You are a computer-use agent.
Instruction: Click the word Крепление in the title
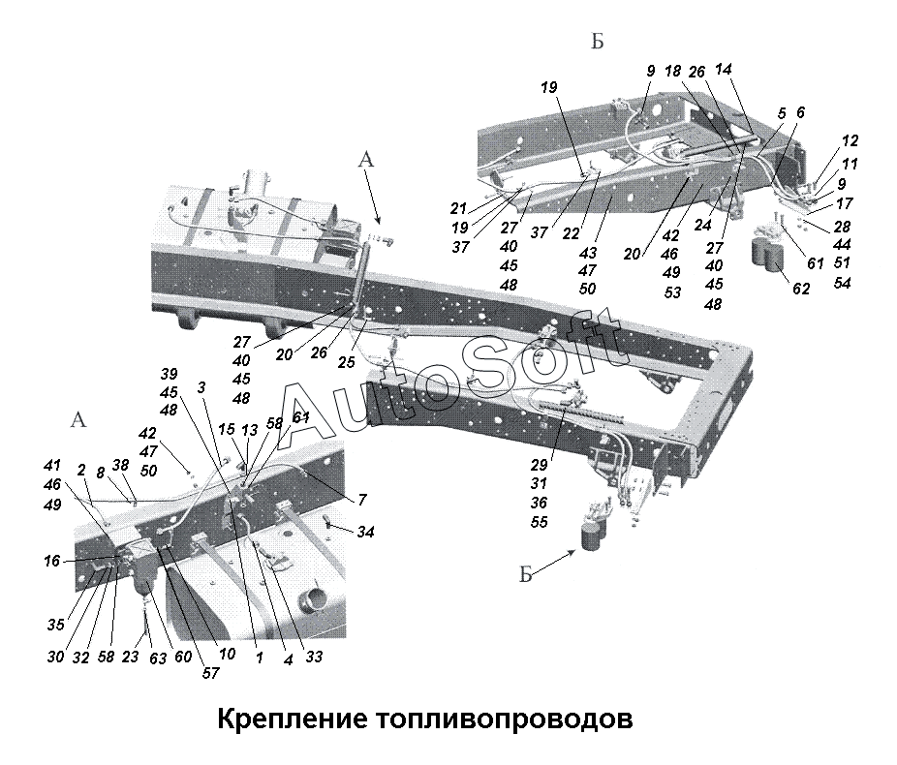point(292,719)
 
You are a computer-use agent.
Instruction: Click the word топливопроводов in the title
point(504,719)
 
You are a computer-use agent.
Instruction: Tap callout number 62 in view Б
point(801,289)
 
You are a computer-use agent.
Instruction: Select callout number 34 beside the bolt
point(365,532)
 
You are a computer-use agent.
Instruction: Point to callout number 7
point(362,501)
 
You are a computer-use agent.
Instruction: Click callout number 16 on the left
point(52,561)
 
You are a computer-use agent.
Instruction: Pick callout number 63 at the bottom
point(158,658)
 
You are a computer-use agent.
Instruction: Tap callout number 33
point(314,657)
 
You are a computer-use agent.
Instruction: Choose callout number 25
point(346,362)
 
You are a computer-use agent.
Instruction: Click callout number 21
point(458,208)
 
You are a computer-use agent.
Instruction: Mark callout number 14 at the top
point(724,69)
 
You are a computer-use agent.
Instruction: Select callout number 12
point(851,140)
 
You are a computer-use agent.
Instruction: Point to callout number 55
point(539,521)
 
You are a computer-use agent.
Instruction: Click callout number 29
point(539,464)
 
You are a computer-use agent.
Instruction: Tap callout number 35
point(55,625)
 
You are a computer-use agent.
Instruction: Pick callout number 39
point(169,374)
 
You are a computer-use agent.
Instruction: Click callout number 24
point(702,225)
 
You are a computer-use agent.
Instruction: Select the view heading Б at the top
point(598,42)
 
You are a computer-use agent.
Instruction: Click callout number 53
point(672,292)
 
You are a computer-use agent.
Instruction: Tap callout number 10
point(227,654)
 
